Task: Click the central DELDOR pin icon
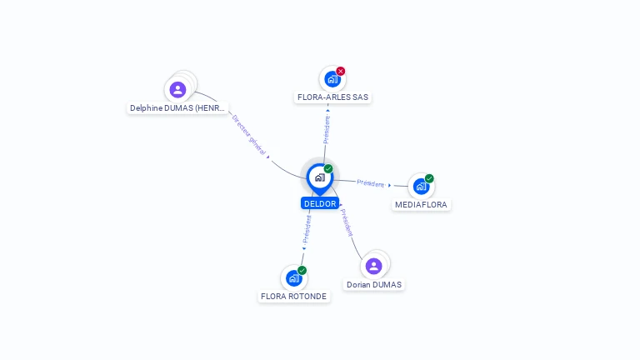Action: click(320, 178)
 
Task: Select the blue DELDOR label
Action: click(320, 203)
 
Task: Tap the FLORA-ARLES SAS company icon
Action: click(332, 79)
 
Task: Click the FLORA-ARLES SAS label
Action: click(332, 97)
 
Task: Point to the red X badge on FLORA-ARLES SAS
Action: click(341, 71)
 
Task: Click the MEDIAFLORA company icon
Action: click(421, 187)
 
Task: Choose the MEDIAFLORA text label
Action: click(421, 204)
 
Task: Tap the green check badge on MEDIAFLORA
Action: click(429, 178)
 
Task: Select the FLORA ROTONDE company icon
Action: click(294, 278)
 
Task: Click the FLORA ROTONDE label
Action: click(294, 297)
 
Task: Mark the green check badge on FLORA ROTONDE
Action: click(302, 270)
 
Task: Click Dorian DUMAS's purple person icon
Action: click(373, 266)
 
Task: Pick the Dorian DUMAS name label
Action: click(374, 284)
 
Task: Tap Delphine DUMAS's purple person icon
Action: click(177, 90)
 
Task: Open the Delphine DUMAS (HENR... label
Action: click(177, 108)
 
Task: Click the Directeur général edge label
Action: click(249, 135)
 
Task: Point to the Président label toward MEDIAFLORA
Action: click(371, 183)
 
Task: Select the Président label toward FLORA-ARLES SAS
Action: click(327, 129)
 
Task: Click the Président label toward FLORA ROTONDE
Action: click(307, 229)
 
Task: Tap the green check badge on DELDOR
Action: click(328, 168)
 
